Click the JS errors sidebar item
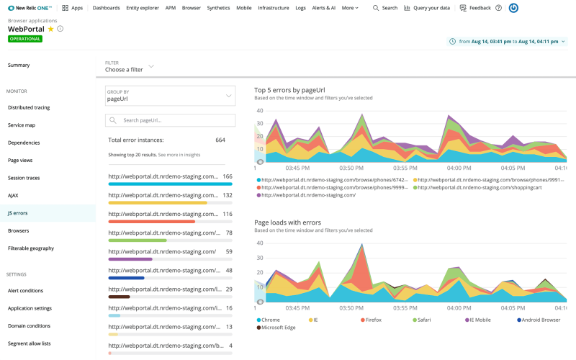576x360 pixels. click(x=18, y=213)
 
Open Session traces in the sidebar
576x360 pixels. click(x=24, y=178)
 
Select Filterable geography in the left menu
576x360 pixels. click(x=31, y=248)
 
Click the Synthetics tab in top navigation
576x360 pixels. click(x=218, y=8)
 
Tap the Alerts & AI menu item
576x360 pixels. click(x=323, y=8)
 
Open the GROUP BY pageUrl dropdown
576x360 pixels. click(x=170, y=96)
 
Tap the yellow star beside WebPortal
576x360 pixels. click(x=50, y=30)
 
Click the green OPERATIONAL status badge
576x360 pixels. click(x=25, y=39)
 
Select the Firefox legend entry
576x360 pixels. click(x=372, y=319)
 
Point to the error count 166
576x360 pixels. click(x=228, y=176)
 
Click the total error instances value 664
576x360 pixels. click(x=220, y=140)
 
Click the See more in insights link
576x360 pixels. click(x=179, y=155)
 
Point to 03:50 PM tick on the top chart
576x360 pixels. click(x=351, y=167)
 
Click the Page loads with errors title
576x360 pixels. click(x=287, y=222)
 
